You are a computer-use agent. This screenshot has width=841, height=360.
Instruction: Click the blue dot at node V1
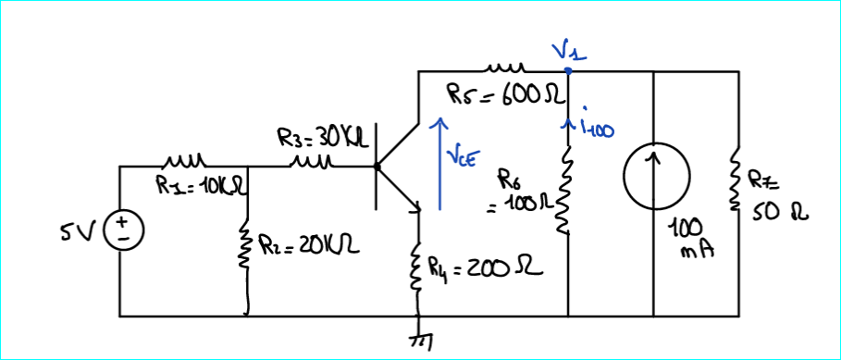(567, 70)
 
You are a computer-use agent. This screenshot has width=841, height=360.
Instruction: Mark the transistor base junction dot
(376, 168)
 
